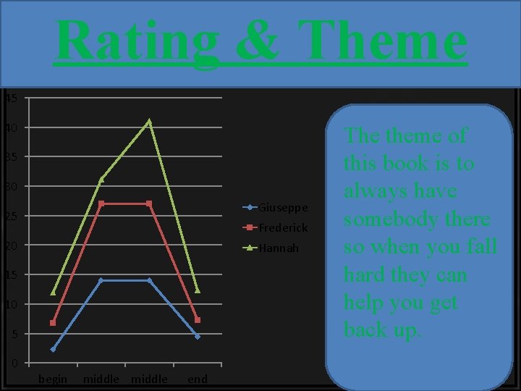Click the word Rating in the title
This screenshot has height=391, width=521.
coord(137,40)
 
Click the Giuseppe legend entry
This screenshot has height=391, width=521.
coord(283,208)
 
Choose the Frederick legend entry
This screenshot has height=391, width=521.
coord(283,227)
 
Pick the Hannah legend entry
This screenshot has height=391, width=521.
coord(279,248)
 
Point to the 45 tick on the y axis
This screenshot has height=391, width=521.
coord(9,98)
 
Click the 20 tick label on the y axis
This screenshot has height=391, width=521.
coord(9,245)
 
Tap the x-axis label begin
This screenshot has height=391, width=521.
coord(53,379)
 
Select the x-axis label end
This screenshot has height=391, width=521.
coord(197,379)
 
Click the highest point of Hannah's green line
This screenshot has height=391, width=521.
coord(149,122)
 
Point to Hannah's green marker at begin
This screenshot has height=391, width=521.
coord(53,293)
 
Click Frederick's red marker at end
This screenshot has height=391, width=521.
coord(197,320)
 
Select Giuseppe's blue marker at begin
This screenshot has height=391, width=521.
coord(53,349)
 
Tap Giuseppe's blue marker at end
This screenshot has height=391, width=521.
coord(197,337)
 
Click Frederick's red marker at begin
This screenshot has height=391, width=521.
coord(53,323)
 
